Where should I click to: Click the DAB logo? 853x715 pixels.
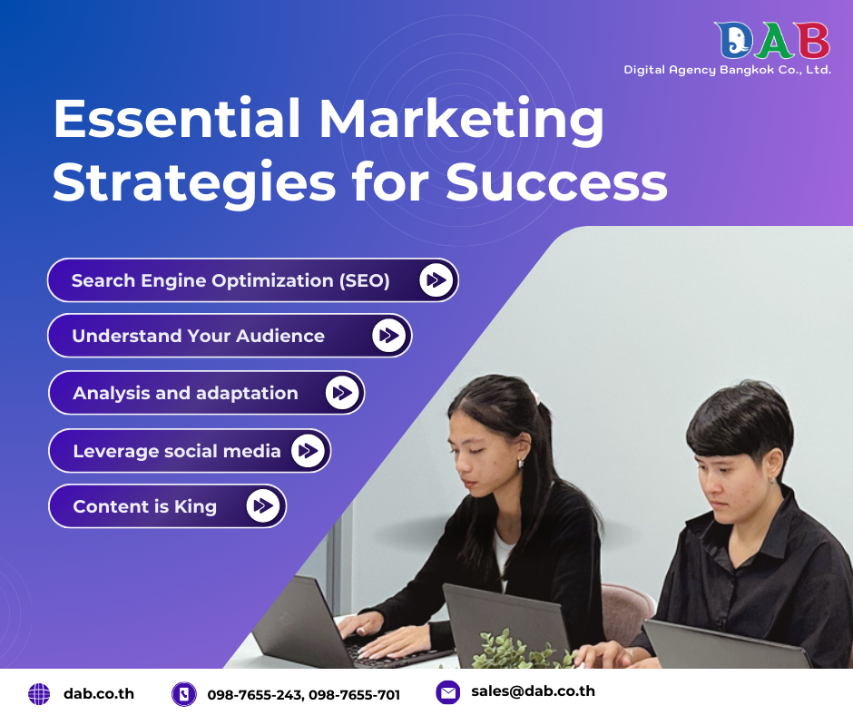point(771,41)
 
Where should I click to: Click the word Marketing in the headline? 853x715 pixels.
point(462,120)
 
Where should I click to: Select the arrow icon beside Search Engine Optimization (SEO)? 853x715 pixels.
point(436,280)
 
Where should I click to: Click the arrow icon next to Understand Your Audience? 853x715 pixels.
point(389,336)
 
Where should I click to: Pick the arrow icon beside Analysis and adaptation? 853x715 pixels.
point(342,393)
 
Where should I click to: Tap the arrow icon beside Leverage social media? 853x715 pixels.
point(309,451)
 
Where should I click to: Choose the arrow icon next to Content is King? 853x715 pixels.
point(263,505)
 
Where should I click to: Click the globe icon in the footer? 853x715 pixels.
point(39,694)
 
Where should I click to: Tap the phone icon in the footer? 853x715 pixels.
point(184,694)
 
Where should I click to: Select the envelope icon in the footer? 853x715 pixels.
point(447,692)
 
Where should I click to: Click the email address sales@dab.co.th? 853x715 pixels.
point(533,691)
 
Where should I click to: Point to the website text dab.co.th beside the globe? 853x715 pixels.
point(99,693)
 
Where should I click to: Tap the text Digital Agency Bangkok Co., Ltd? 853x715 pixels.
point(727,70)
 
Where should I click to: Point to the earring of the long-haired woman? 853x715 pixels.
point(520,463)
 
